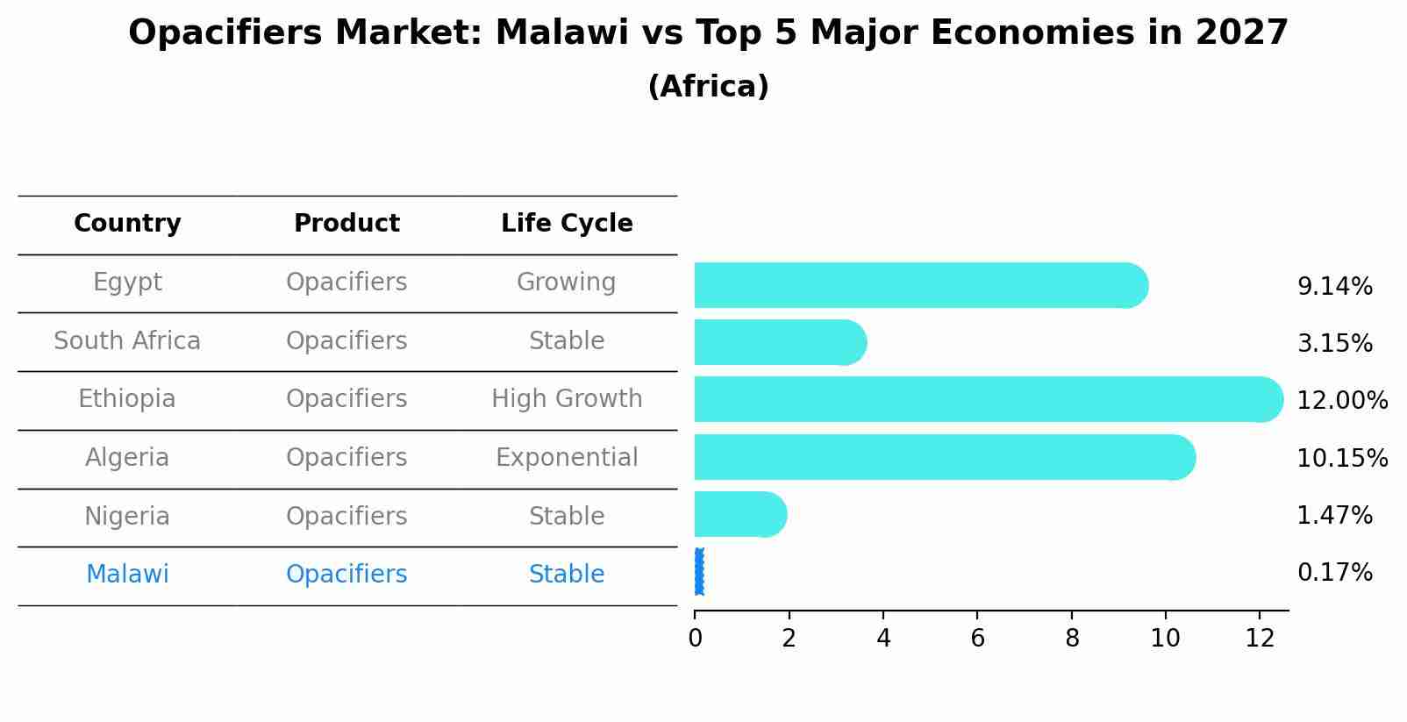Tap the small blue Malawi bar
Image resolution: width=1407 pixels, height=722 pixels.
(699, 572)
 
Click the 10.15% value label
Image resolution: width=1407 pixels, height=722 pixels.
(1342, 458)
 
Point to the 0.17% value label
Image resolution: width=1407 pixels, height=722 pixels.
(1334, 573)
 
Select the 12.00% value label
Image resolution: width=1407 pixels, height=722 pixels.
(1342, 400)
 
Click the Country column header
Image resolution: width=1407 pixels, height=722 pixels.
(127, 224)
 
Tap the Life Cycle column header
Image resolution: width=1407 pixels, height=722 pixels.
(567, 224)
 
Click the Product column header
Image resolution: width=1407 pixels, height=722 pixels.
(346, 224)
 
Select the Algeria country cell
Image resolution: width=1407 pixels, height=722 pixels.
(127, 458)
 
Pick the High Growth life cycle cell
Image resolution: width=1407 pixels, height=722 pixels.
(567, 399)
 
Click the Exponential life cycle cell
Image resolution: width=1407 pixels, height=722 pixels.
(567, 458)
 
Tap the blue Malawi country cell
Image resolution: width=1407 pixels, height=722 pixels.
(127, 575)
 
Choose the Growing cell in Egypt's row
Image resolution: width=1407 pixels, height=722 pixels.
(567, 282)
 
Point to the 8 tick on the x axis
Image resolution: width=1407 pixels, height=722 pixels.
(1072, 639)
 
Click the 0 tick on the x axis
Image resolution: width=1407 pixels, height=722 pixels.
(696, 639)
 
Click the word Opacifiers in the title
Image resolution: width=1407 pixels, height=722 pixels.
(229, 33)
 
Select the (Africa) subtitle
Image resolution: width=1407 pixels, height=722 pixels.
(708, 87)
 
